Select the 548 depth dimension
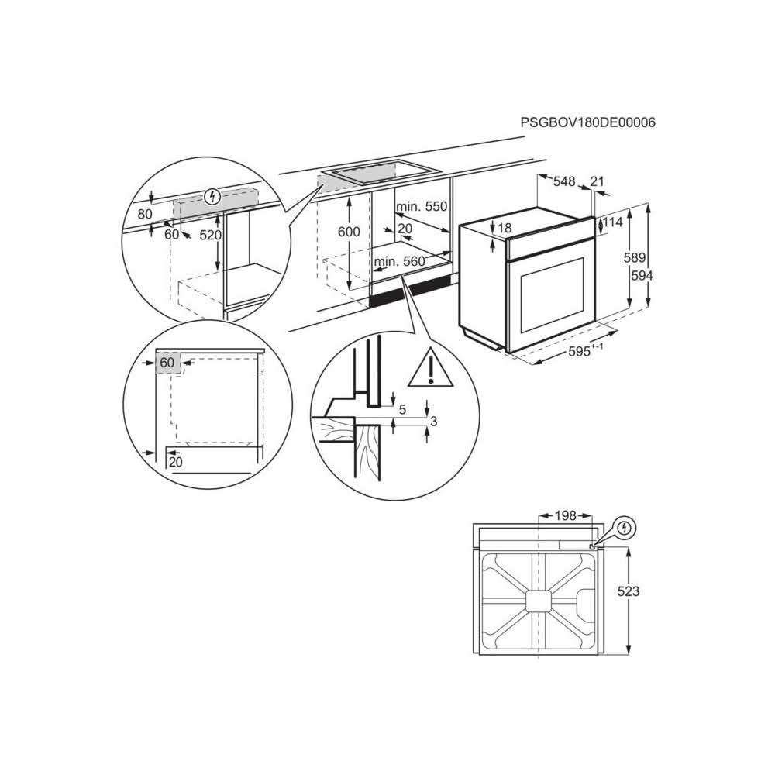tap(564, 181)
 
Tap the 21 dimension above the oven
tap(597, 181)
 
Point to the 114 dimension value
tap(613, 222)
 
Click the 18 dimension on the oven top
tap(505, 228)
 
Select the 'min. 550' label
tap(422, 207)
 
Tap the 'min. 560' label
tap(399, 262)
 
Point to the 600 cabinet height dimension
tap(350, 232)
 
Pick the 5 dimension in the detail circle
tap(401, 409)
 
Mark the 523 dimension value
tap(629, 591)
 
